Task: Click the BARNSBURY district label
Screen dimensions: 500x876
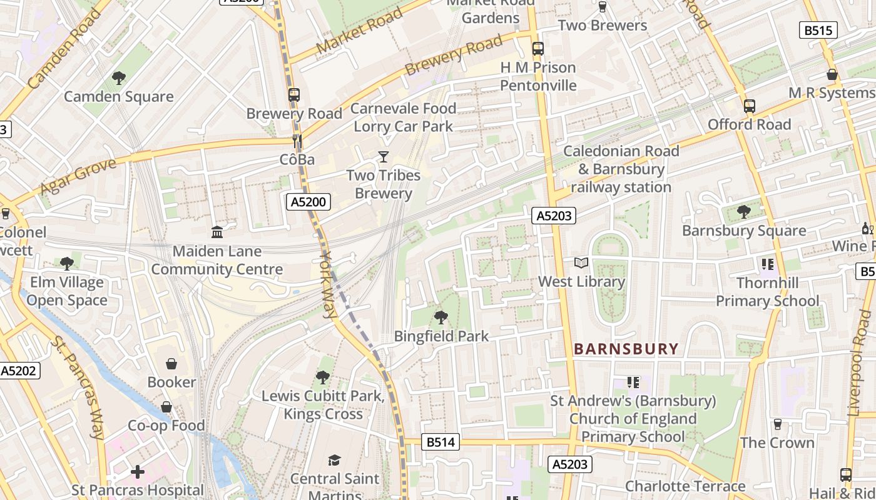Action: (626, 349)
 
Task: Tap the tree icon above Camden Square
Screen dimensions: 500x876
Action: (118, 78)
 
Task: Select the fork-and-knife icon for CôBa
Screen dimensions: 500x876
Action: (297, 142)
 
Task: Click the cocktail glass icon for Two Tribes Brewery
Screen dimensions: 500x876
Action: (384, 157)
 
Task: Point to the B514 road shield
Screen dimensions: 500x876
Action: (441, 442)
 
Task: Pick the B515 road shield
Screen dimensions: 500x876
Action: (818, 30)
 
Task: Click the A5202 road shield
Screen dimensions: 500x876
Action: (19, 371)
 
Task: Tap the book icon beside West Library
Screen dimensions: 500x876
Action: (581, 263)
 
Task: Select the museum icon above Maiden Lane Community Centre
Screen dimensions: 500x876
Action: (217, 232)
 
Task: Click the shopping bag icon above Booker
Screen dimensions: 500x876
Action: (171, 364)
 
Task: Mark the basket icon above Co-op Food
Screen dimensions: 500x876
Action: (166, 407)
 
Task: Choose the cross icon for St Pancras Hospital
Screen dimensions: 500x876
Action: (138, 472)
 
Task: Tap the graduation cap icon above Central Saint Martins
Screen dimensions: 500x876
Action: (335, 461)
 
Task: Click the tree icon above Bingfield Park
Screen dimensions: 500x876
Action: (441, 317)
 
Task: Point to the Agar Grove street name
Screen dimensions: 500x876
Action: (78, 177)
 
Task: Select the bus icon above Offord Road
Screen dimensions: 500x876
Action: (750, 106)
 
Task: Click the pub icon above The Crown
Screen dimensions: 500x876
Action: (777, 424)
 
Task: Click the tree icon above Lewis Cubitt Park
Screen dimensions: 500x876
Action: (323, 377)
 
